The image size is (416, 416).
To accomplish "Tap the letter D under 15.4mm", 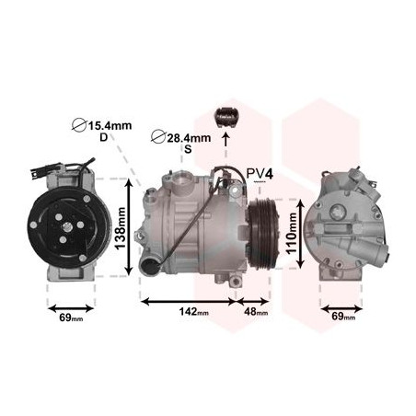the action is point(104,138).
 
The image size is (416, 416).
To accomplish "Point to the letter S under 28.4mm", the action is point(188,149).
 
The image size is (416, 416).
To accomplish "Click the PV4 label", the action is point(260,174).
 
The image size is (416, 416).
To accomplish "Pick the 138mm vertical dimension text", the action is point(120,228).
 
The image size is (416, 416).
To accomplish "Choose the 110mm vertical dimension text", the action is point(291,233).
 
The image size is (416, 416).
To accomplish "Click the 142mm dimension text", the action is point(194,312).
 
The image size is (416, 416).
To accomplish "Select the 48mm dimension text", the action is point(256,312).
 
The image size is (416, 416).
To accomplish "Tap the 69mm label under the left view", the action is point(71,318).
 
